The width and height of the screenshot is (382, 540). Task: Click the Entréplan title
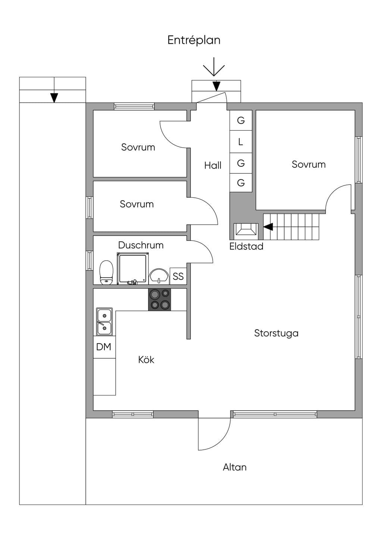[x=194, y=40]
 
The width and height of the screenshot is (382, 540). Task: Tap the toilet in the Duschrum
[x=106, y=272]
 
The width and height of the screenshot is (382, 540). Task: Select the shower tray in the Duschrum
[x=133, y=268]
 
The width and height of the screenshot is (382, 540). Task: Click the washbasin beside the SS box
[x=159, y=276]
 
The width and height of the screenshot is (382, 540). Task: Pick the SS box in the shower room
[x=178, y=276]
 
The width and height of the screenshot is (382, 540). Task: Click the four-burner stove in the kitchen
[x=159, y=300]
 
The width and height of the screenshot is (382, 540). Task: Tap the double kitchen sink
[x=104, y=321]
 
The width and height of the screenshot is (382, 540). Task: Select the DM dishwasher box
[x=104, y=347]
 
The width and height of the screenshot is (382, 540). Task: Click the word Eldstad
[x=246, y=247]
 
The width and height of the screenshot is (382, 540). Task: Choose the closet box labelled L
[x=241, y=142]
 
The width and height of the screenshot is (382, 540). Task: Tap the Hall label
[x=213, y=165]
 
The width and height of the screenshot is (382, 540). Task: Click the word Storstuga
[x=276, y=333]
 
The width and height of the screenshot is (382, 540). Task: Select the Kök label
[x=146, y=360]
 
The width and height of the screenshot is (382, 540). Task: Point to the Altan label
[x=235, y=467]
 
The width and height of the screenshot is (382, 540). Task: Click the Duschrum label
[x=141, y=245]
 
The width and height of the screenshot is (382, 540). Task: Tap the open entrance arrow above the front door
[x=214, y=67]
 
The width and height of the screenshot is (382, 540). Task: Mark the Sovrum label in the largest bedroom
[x=309, y=164]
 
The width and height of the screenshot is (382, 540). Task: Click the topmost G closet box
[x=241, y=120]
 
